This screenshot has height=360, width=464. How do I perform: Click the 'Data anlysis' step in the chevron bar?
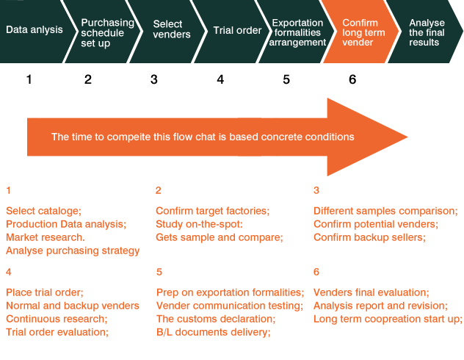click(34, 31)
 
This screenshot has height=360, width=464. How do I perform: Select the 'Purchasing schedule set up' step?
click(107, 32)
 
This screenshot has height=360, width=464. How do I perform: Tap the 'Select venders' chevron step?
click(172, 29)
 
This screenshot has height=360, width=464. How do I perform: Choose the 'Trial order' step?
click(237, 31)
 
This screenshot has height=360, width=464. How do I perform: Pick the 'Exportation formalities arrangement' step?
click(297, 32)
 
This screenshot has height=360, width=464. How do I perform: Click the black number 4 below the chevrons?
click(220, 79)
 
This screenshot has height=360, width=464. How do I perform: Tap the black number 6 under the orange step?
click(352, 79)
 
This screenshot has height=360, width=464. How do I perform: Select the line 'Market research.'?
click(46, 237)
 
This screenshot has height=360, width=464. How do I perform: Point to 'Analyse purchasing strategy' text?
click(73, 251)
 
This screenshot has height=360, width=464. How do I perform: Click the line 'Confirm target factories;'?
click(212, 211)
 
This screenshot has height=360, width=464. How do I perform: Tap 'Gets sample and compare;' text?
click(219, 237)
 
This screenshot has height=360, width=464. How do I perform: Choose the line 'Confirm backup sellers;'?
click(369, 237)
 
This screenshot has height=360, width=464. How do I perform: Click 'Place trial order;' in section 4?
click(45, 292)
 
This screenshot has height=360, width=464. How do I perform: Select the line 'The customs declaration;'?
click(216, 319)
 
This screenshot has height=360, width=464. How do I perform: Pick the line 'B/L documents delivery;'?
click(213, 332)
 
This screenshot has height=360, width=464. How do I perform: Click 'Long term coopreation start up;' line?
click(388, 319)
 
